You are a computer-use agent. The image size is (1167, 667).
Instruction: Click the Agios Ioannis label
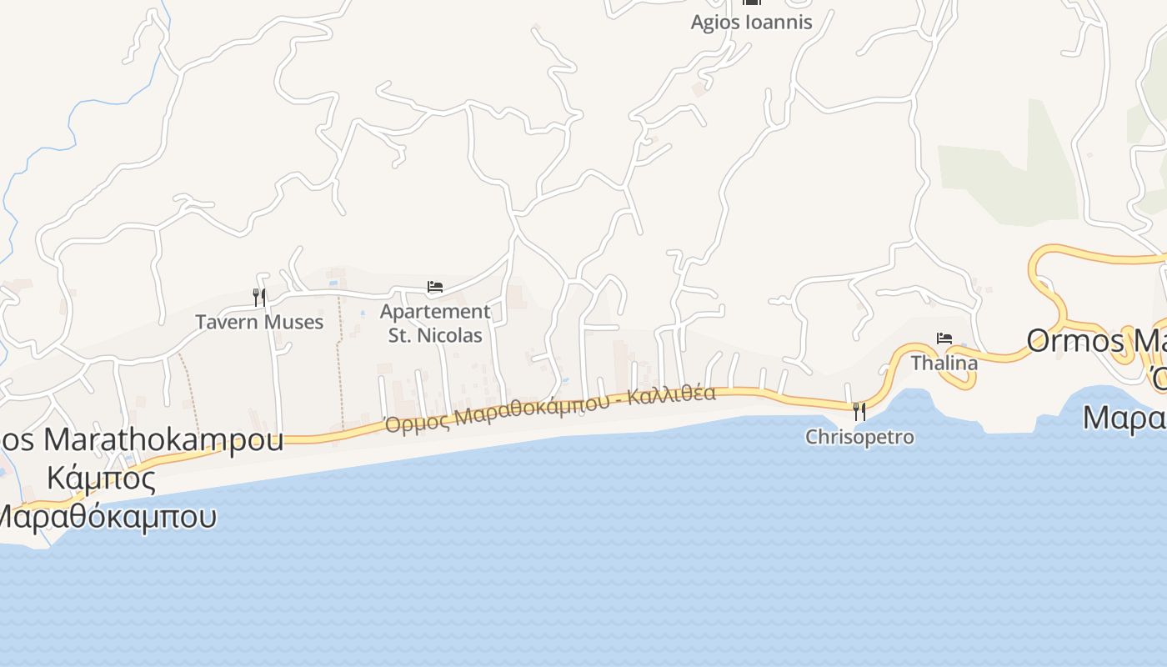click(751, 22)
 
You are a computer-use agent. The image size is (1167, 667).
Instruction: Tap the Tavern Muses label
click(259, 322)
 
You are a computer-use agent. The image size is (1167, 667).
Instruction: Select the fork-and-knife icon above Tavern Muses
click(259, 296)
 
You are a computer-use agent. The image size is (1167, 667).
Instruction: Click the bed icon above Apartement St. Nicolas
click(434, 287)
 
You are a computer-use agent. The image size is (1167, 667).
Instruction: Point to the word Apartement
click(435, 312)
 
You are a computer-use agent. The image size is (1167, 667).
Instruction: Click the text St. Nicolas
click(435, 336)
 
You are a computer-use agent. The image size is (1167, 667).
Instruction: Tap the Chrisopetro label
click(859, 437)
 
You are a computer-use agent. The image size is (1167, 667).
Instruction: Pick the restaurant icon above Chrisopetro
click(859, 411)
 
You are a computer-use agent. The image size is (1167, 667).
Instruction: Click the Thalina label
click(944, 364)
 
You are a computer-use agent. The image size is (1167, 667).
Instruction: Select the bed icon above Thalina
click(944, 338)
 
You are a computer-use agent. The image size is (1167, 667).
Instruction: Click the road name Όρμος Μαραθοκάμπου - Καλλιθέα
click(550, 409)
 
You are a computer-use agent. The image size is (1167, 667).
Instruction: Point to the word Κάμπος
click(101, 479)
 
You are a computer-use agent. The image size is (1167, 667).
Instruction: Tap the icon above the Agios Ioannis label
click(751, 3)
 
